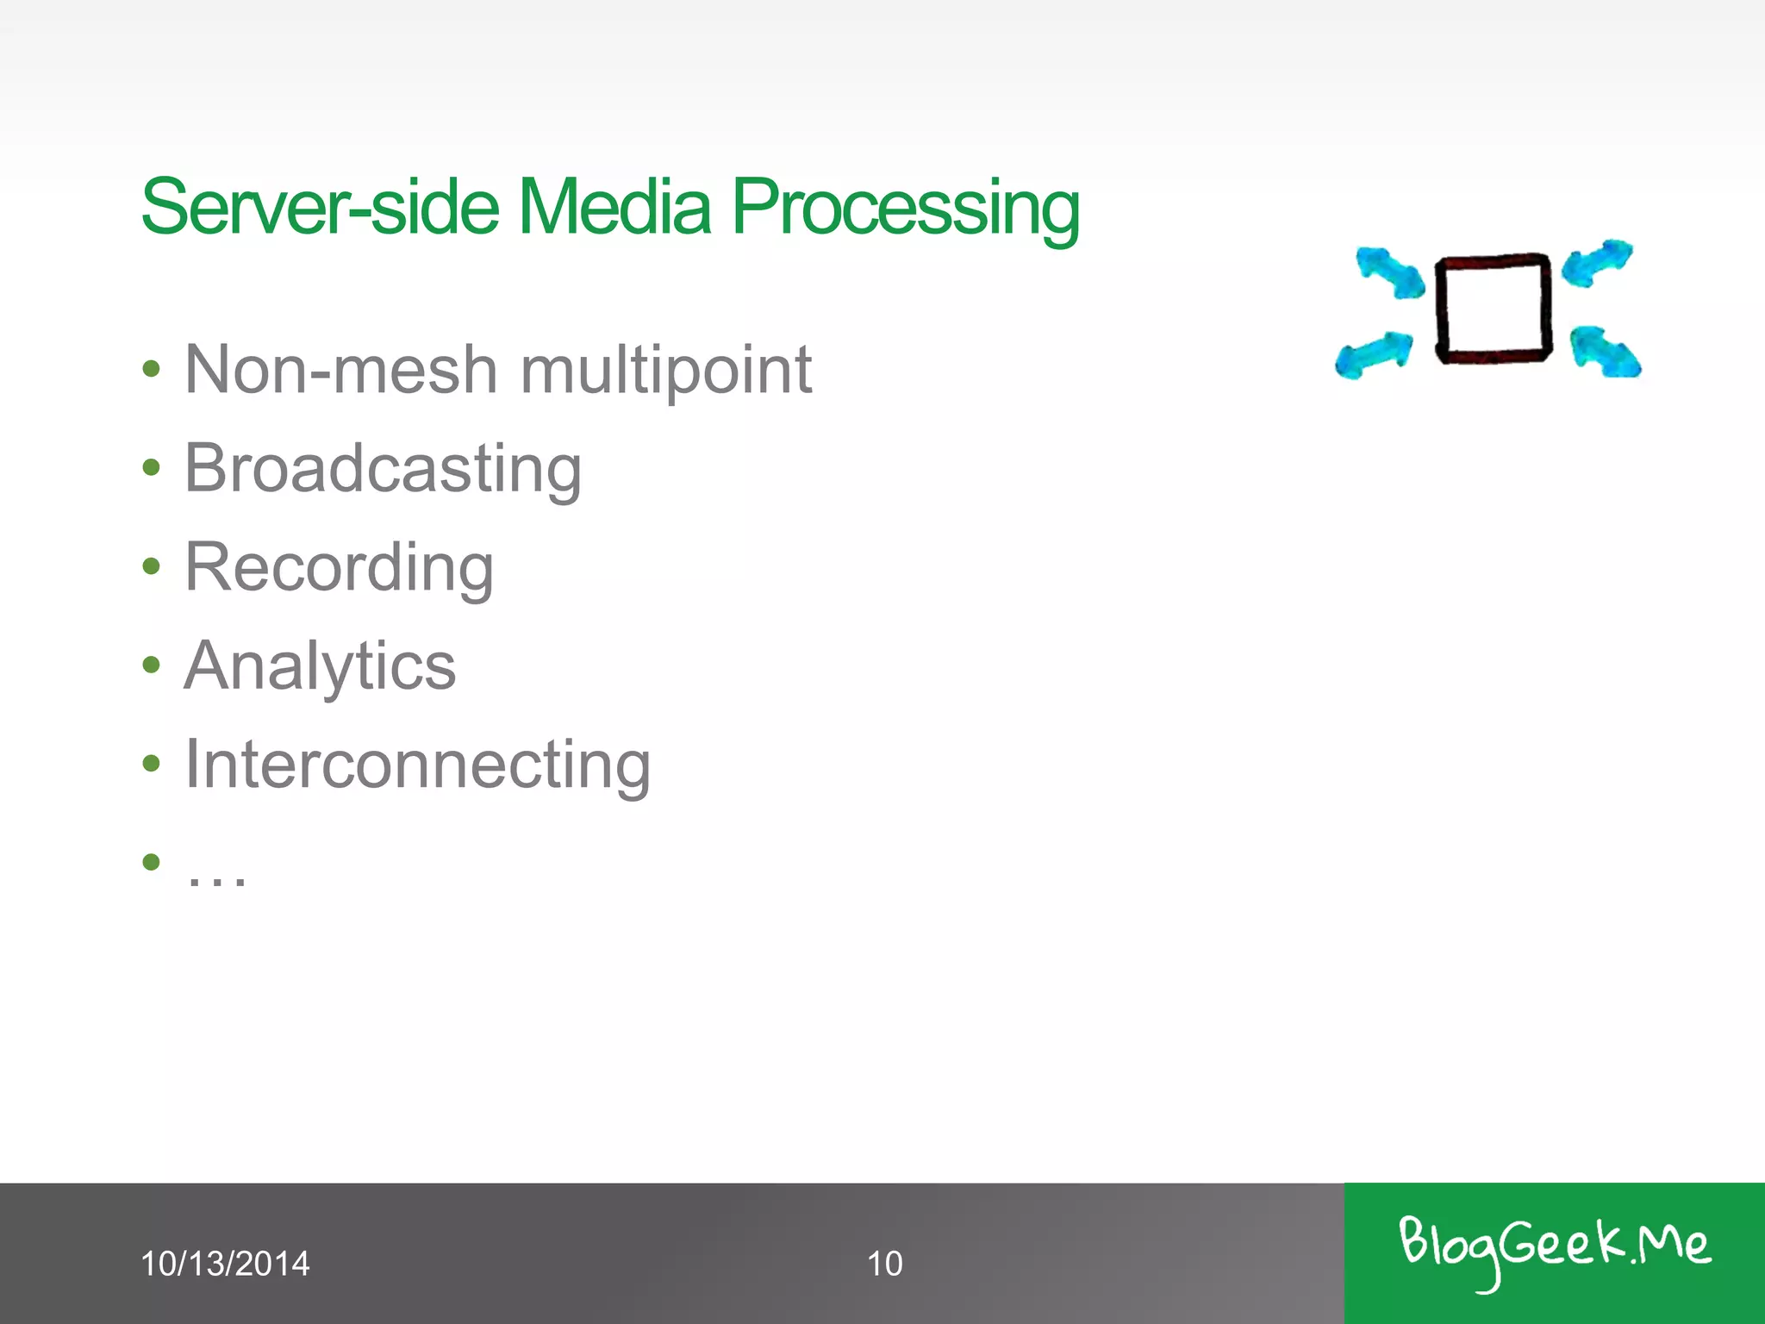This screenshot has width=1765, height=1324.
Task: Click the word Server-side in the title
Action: click(320, 207)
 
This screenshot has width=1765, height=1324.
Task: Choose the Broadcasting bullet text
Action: click(383, 470)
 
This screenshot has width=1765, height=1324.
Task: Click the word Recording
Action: click(339, 569)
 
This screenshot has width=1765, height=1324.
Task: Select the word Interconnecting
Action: click(417, 765)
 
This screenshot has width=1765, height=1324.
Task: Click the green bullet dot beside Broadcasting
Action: click(152, 468)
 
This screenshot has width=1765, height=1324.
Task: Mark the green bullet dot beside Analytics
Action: click(152, 665)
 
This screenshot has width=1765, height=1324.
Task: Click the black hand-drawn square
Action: click(1493, 309)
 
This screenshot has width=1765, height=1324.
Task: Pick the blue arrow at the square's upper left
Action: click(1389, 273)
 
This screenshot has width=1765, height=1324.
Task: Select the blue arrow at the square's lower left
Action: click(1374, 354)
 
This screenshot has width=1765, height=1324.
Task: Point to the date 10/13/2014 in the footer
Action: click(224, 1264)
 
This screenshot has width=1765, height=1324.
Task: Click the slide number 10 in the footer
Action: click(884, 1264)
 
